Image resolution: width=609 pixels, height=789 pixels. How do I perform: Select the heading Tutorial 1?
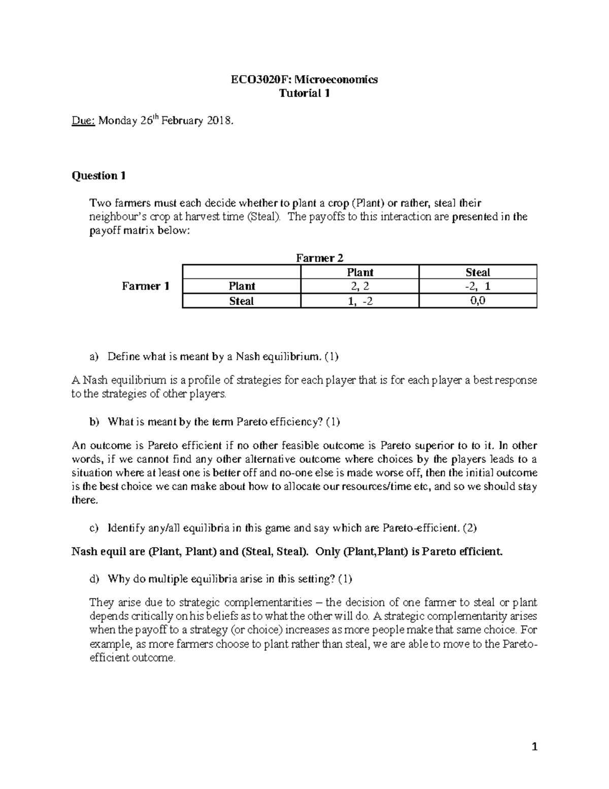[x=304, y=93]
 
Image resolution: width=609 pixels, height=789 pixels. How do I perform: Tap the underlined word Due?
[x=83, y=121]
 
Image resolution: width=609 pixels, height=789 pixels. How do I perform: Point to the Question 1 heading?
[x=98, y=176]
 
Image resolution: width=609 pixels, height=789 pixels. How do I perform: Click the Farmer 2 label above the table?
[x=316, y=258]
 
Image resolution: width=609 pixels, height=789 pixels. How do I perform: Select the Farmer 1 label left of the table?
[x=146, y=286]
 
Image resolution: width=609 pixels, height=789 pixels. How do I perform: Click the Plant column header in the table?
[x=360, y=272]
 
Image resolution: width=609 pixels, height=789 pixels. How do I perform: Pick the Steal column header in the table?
[x=478, y=272]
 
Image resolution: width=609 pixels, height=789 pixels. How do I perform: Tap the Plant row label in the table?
[x=242, y=286]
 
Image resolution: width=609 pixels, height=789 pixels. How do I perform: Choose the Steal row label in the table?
[x=242, y=301]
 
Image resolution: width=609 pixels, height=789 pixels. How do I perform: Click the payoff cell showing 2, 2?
[x=360, y=286]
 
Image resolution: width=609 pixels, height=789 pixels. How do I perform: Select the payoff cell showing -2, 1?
[x=478, y=286]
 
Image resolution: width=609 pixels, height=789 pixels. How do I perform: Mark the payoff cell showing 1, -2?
[x=360, y=301]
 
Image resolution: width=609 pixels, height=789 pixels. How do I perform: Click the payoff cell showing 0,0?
[x=478, y=301]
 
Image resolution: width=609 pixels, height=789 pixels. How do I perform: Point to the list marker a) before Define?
[x=94, y=357]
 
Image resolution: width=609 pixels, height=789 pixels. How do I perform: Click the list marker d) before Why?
[x=94, y=579]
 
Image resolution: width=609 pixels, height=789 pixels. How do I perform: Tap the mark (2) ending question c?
[x=469, y=528]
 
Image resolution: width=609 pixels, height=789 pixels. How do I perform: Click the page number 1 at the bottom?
[x=534, y=746]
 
